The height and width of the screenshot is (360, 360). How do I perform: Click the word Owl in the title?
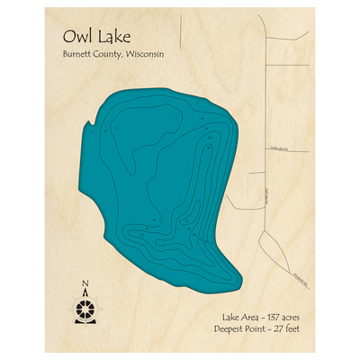point(76,38)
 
